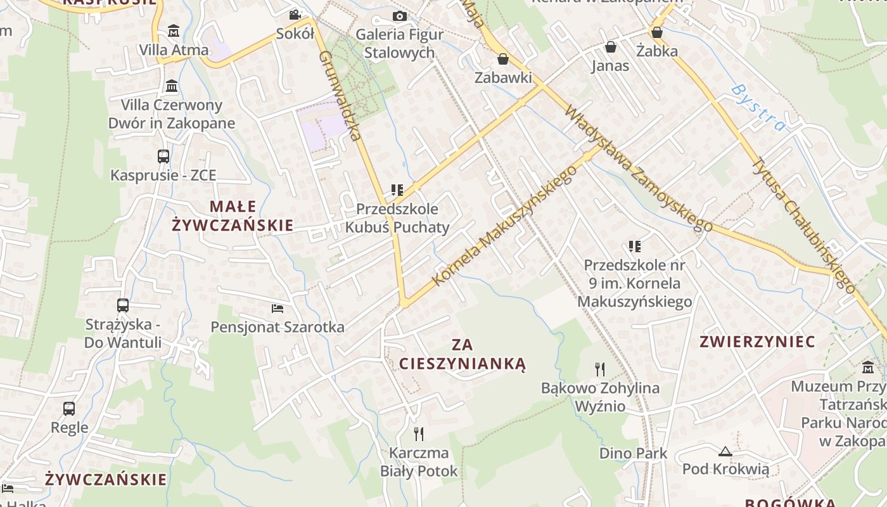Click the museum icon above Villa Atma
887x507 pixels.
[173, 30]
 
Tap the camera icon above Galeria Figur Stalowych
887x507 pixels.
[399, 16]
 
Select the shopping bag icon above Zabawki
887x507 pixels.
[503, 59]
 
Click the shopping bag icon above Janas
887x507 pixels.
[610, 47]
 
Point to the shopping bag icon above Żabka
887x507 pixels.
[657, 32]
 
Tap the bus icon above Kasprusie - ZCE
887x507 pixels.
[163, 156]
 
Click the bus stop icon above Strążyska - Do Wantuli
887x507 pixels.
[123, 305]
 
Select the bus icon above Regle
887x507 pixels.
[69, 409]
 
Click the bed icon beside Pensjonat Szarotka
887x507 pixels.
[277, 309]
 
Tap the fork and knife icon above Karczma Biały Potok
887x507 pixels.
[418, 434]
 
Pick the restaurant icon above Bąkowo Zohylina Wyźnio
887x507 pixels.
[600, 369]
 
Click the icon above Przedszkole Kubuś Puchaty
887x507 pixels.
[397, 189]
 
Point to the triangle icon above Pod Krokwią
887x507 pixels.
[725, 451]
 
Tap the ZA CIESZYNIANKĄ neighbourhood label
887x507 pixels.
[463, 354]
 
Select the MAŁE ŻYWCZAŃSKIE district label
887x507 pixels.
[233, 215]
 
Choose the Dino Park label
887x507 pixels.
[633, 453]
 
